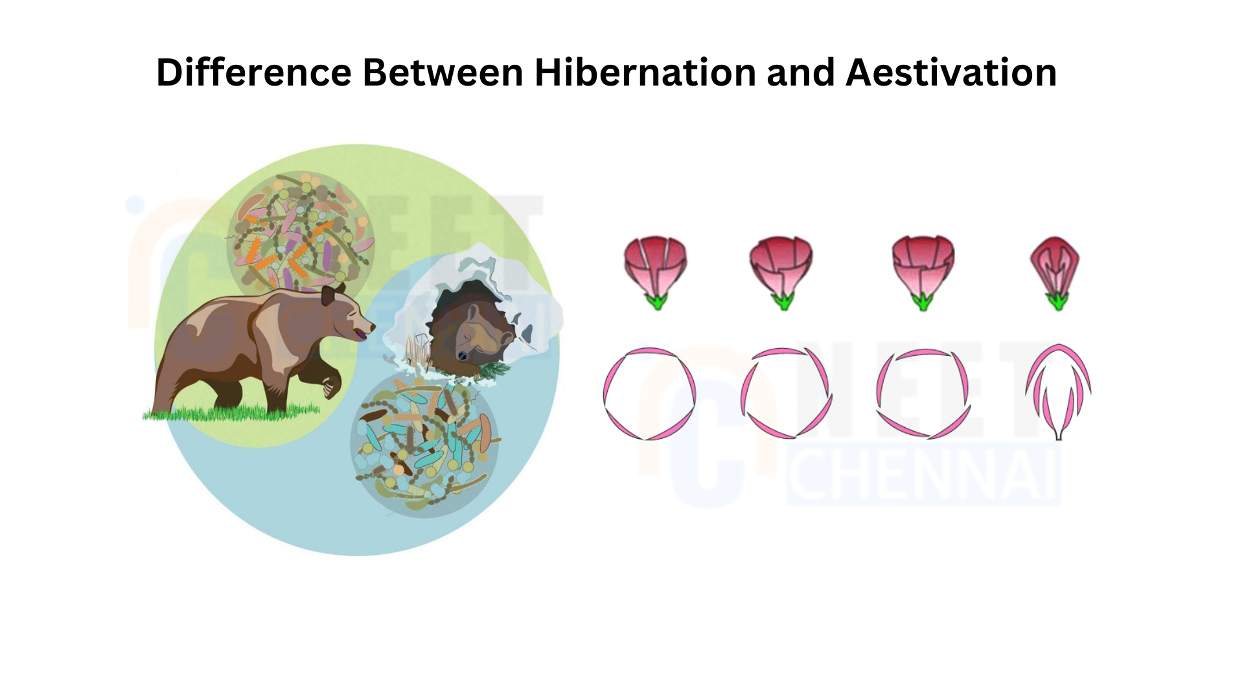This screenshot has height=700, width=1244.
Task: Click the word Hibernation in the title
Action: pyautogui.click(x=645, y=72)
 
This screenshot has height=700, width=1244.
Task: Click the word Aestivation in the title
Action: pyautogui.click(x=951, y=72)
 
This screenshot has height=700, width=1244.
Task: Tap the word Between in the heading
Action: pyautogui.click(x=443, y=72)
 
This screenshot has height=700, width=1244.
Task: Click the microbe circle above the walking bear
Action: pyautogui.click(x=300, y=230)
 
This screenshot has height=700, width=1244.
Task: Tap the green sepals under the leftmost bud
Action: pyautogui.click(x=656, y=301)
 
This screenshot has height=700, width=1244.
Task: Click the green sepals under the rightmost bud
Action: pyautogui.click(x=1057, y=301)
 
